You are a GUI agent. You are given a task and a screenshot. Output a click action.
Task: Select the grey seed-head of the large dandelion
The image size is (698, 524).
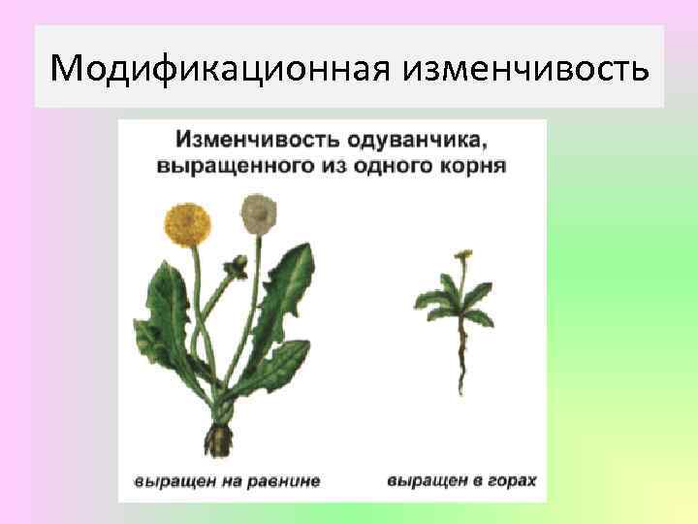tap(256, 212)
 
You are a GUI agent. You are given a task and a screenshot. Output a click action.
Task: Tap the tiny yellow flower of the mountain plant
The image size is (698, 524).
tap(465, 254)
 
